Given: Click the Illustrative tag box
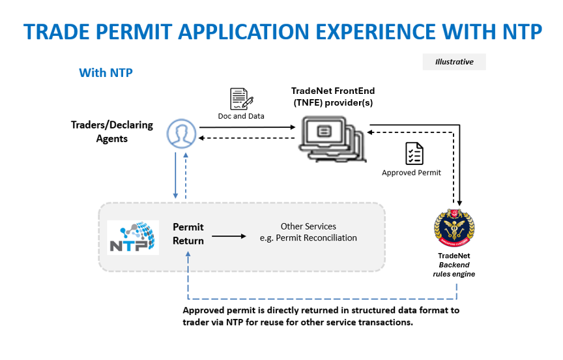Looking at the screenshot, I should click(x=454, y=62).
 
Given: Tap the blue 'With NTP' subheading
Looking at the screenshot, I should click(x=106, y=72).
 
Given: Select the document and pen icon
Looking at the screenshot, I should click(x=241, y=99).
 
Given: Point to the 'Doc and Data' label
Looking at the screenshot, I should click(x=241, y=116).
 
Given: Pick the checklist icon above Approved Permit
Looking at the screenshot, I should click(x=414, y=154).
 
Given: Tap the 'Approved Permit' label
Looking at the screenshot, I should click(x=411, y=173).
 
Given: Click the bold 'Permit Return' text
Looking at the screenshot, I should click(x=188, y=233).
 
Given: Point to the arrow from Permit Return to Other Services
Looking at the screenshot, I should click(x=229, y=237).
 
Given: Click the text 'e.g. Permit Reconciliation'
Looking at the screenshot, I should click(x=308, y=237).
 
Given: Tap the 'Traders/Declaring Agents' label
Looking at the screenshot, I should click(x=112, y=132).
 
